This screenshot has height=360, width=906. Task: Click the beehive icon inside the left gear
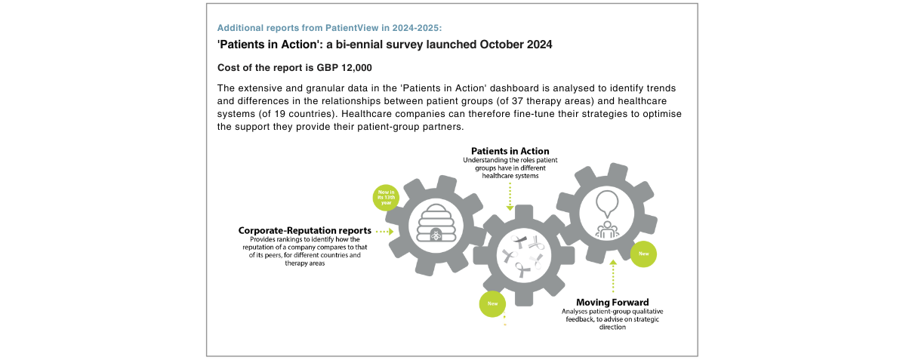click(436, 223)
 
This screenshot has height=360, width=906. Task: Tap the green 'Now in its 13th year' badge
click(386, 198)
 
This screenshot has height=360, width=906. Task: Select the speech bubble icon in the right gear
click(607, 205)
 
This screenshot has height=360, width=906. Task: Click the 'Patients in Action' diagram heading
click(510, 151)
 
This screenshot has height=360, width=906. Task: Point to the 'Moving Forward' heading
click(612, 303)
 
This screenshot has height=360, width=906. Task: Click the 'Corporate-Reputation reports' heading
click(304, 230)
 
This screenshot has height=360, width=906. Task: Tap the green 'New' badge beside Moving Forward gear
click(643, 254)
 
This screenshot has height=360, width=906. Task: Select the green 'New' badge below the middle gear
click(492, 304)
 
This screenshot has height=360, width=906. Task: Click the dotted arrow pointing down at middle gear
click(510, 196)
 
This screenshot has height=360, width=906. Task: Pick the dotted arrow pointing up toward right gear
click(613, 276)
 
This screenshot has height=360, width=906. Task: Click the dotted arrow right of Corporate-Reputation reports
click(385, 232)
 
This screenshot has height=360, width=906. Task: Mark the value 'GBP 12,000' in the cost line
click(344, 68)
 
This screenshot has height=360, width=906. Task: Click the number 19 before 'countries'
click(280, 114)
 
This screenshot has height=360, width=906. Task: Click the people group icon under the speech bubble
click(607, 229)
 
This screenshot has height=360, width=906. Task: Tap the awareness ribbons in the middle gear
click(523, 256)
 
